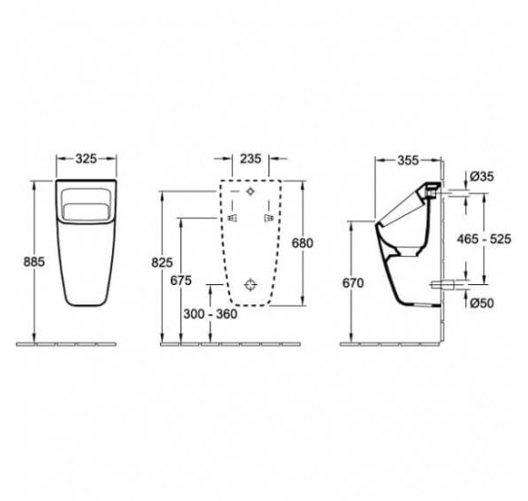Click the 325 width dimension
coord(86,158)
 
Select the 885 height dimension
coord(34,261)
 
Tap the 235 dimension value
coord(250,158)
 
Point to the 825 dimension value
coord(162,262)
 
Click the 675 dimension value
coord(181,281)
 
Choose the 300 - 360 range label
coord(210,314)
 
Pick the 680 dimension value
coord(302,243)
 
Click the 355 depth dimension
coord(408,160)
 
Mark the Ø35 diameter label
coord(482,176)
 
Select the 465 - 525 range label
coord(484,239)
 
